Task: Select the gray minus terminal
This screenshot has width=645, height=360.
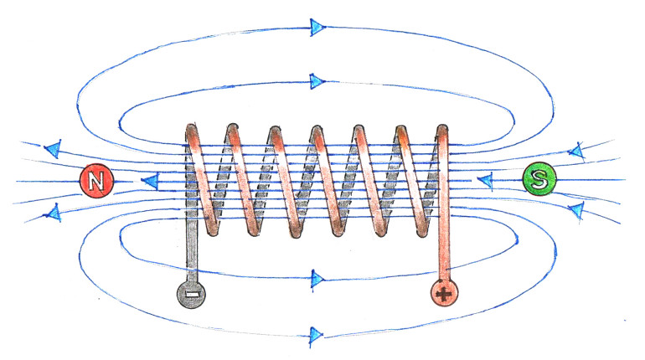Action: [x=190, y=294]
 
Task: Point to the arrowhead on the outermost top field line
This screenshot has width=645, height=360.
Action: [x=317, y=27]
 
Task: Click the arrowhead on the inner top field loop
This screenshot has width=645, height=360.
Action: [x=317, y=81]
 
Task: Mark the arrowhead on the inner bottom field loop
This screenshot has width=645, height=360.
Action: [x=317, y=277]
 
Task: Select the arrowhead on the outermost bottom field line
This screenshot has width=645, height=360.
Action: [x=317, y=337]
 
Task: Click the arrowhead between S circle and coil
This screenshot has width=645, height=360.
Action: [x=484, y=180]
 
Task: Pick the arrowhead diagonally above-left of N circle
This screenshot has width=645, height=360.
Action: [x=53, y=150]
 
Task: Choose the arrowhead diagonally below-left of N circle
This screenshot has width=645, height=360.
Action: [x=53, y=213]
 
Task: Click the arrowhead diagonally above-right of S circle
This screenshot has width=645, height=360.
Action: [x=576, y=152]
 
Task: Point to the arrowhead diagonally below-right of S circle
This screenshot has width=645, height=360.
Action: [x=576, y=208]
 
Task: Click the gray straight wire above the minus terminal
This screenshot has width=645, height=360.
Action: [x=190, y=251]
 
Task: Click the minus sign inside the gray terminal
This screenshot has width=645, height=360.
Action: [x=190, y=294]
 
